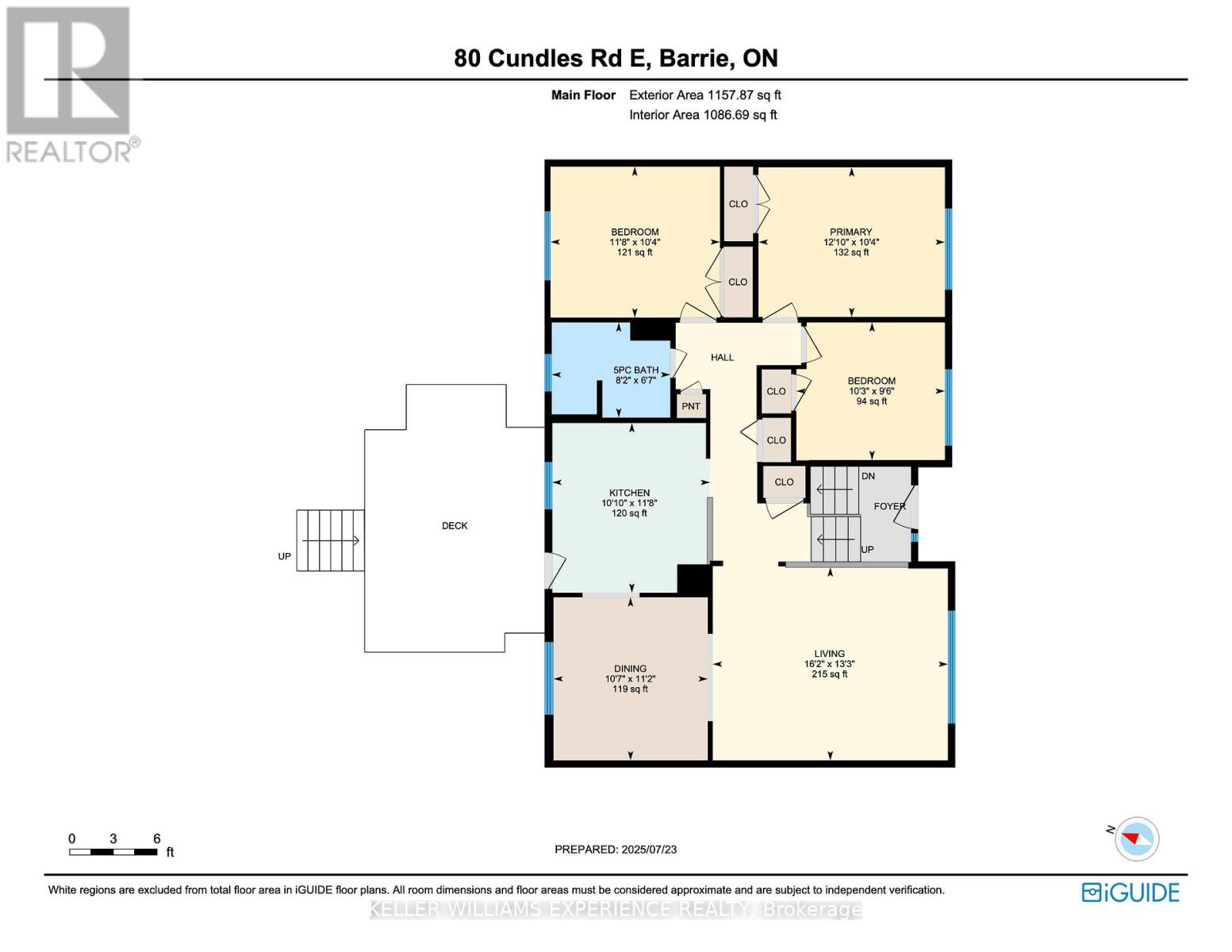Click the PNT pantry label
pos(690,406)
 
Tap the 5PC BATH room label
pos(635,370)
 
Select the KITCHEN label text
pos(629,493)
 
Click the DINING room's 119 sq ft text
pos(630,689)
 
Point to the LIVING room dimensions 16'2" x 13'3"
pos(829,664)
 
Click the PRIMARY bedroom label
pos(850,232)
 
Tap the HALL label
pos(722,358)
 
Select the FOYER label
pos(888,506)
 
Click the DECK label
pos(455,526)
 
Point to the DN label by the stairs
pos(868,476)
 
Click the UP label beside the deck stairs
pos(284,557)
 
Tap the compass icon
pos(1136,839)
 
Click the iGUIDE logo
pos(1130,892)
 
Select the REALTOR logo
pos(70,84)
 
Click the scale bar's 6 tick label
pos(156,839)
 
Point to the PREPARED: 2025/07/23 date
pos(616,850)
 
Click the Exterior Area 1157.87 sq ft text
pos(704,95)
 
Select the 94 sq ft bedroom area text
pos(871,401)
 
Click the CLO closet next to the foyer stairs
pos(784,482)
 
